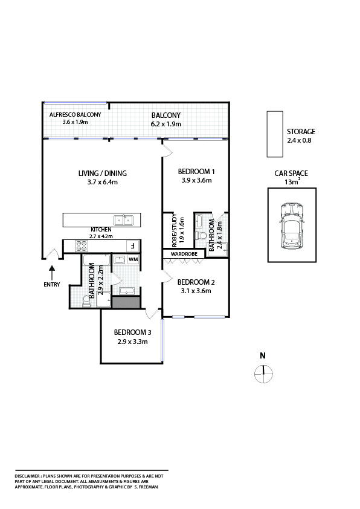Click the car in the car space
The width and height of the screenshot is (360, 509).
292,226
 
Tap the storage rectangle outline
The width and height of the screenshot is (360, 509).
267,134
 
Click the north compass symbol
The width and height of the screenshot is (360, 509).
264,374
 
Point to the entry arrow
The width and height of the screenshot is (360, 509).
52,273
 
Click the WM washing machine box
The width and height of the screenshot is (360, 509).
133,260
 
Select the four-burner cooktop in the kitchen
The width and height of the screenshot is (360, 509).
82,246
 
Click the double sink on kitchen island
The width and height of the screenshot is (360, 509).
124,220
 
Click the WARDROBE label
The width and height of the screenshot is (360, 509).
184,254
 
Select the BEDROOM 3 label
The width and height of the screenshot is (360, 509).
133,332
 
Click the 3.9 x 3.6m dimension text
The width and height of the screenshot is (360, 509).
196,181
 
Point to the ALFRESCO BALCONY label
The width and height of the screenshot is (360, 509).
76,115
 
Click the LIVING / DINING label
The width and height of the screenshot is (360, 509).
103,173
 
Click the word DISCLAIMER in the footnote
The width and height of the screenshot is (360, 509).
28,476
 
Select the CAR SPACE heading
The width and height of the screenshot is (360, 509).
291,173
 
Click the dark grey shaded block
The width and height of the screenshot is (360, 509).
126,302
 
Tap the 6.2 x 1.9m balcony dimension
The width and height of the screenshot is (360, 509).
166,124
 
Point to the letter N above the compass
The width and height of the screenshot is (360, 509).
263,356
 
